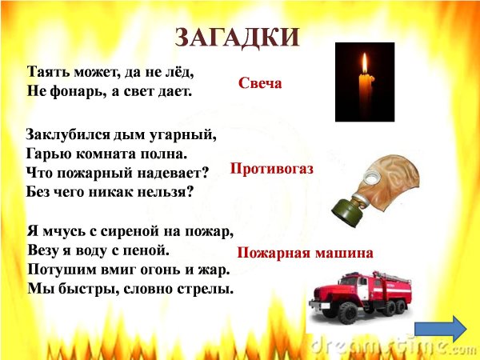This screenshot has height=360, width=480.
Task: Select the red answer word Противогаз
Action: [x=271, y=169]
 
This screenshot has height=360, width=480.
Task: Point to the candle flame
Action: [x=364, y=64]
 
